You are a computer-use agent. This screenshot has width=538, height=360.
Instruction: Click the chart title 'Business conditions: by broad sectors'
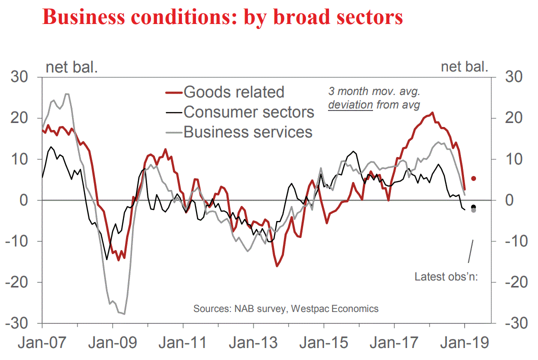click(x=223, y=17)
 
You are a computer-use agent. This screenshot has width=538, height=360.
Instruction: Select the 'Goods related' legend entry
click(x=233, y=92)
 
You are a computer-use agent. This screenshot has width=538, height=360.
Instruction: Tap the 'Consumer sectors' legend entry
click(x=248, y=112)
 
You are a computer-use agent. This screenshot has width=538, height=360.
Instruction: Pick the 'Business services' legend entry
click(x=247, y=132)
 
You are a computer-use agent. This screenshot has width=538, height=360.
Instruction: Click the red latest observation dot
click(x=473, y=178)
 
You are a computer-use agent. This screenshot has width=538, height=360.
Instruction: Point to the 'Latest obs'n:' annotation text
click(x=446, y=276)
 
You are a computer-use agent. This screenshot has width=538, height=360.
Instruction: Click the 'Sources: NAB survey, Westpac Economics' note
click(x=286, y=308)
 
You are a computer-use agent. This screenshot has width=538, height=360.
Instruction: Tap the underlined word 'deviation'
click(x=350, y=105)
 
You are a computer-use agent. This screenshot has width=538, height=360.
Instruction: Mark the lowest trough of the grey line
click(x=123, y=314)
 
